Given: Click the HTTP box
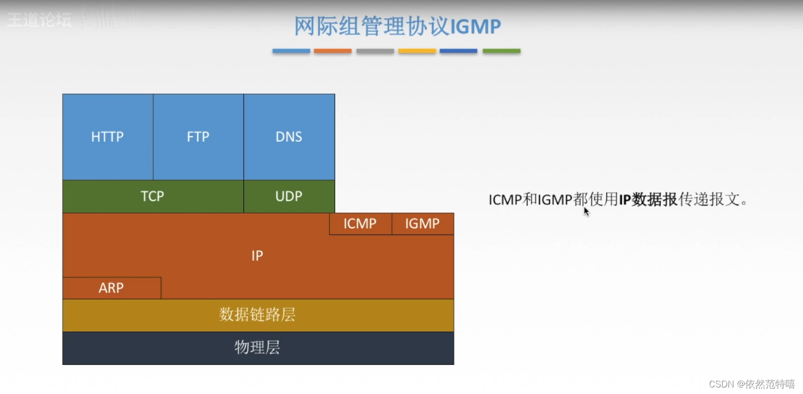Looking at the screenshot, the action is pyautogui.click(x=108, y=137).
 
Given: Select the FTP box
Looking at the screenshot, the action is pyautogui.click(x=198, y=137).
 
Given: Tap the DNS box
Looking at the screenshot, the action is pyautogui.click(x=289, y=137).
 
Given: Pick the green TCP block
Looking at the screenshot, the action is pyautogui.click(x=152, y=196).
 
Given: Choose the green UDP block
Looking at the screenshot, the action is pyautogui.click(x=289, y=196).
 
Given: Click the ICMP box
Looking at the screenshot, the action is pyautogui.click(x=360, y=224).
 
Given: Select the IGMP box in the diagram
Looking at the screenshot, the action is pyautogui.click(x=423, y=224).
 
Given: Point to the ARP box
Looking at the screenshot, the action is pyautogui.click(x=111, y=288).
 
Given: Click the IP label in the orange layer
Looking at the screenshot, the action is pyautogui.click(x=257, y=256).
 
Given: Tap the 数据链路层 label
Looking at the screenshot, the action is pyautogui.click(x=258, y=315).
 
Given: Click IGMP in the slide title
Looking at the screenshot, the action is pyautogui.click(x=475, y=27).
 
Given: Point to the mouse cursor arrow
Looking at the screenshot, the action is pyautogui.click(x=586, y=212).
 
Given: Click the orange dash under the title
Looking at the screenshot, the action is pyautogui.click(x=333, y=51).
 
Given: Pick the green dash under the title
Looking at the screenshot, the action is pyautogui.click(x=501, y=51).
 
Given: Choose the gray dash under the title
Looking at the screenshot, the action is pyautogui.click(x=375, y=51).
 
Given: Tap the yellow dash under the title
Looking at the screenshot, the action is pyautogui.click(x=417, y=51).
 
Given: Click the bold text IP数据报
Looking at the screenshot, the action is pyautogui.click(x=648, y=200).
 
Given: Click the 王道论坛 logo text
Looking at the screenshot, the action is pyautogui.click(x=40, y=20).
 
